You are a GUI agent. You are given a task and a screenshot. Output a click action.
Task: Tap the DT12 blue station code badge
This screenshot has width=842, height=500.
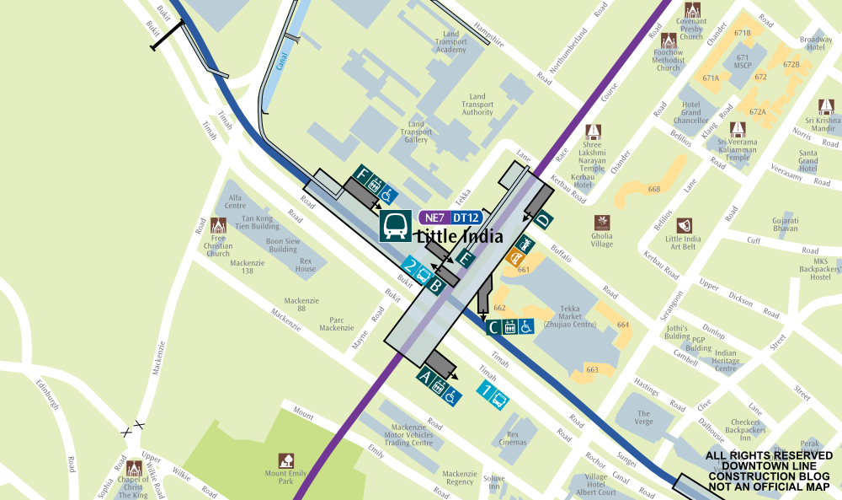[x=466, y=218]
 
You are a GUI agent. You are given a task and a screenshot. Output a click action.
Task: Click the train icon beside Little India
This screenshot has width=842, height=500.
[x=395, y=226]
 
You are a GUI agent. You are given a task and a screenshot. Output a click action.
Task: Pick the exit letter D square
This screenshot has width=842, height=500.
[x=544, y=220]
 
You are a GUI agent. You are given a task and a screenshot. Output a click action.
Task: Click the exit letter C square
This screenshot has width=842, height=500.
[x=493, y=326]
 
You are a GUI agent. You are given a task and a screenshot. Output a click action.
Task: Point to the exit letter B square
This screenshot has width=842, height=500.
[x=436, y=286]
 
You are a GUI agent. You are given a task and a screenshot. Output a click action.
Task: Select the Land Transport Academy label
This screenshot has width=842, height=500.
[x=450, y=42]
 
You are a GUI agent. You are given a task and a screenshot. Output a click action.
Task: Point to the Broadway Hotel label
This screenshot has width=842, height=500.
[x=815, y=44]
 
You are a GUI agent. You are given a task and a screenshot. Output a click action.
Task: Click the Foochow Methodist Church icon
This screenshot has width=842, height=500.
[x=669, y=40]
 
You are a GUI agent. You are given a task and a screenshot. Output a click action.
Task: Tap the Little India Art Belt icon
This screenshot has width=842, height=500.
[x=683, y=226]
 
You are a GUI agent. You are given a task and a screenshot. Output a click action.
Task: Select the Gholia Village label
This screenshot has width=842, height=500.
[x=602, y=240]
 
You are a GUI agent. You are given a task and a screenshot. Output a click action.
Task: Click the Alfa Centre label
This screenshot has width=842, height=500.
[x=236, y=202]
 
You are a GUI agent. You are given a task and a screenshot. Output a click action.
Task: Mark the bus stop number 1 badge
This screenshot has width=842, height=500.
[x=485, y=390]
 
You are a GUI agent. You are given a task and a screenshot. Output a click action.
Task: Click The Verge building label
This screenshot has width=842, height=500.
[x=644, y=418]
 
